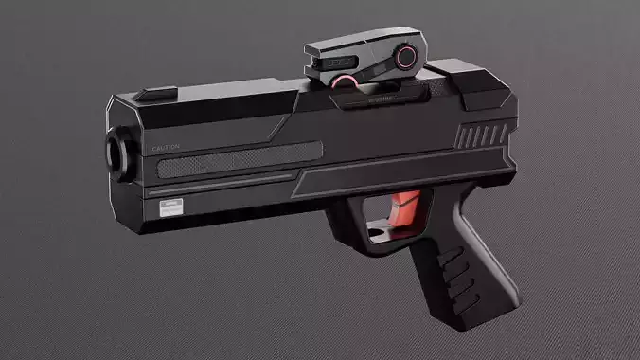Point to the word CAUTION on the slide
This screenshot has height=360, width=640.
[x=166, y=149]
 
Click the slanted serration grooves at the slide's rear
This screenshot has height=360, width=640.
[x=483, y=135]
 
